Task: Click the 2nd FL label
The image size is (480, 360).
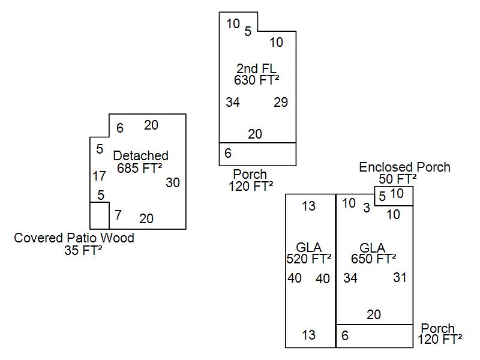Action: click(x=256, y=68)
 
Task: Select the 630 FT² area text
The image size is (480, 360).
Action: click(x=257, y=80)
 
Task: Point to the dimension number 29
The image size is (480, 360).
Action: click(x=281, y=103)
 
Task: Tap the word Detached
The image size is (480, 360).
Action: click(x=140, y=156)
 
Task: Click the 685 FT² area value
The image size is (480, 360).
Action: click(x=140, y=169)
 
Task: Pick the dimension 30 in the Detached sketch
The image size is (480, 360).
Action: click(x=173, y=182)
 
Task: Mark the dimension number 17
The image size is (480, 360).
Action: click(x=100, y=176)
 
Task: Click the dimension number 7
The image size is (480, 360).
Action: click(x=118, y=215)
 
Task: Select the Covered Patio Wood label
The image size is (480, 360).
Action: click(x=74, y=238)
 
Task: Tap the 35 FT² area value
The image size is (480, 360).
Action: click(x=83, y=251)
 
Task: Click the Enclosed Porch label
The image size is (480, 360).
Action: click(x=404, y=167)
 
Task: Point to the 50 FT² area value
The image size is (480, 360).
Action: click(x=398, y=179)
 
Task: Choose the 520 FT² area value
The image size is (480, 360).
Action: click(x=309, y=259)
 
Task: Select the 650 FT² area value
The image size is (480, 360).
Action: click(x=374, y=259)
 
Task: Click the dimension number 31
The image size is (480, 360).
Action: click(x=400, y=277)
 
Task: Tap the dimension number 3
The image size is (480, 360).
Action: click(x=367, y=208)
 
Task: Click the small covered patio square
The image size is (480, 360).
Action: click(x=100, y=215)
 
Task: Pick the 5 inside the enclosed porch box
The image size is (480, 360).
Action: click(x=382, y=196)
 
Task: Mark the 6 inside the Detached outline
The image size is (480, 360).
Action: click(x=120, y=128)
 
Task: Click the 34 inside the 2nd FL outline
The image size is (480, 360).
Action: click(x=233, y=103)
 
